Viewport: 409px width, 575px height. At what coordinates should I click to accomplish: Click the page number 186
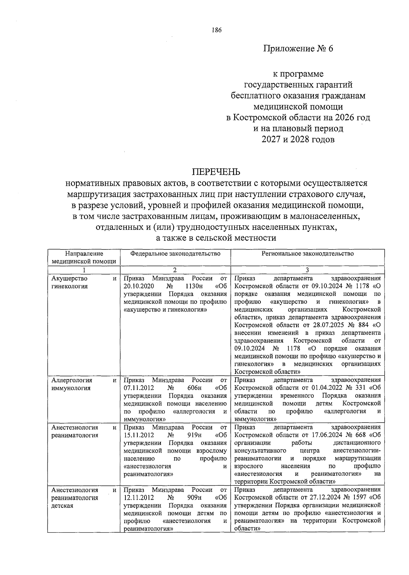pyautogui.click(x=216, y=30)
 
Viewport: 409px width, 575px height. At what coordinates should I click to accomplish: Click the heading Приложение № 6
pyautogui.click(x=298, y=48)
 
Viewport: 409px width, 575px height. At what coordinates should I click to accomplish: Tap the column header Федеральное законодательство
pyautogui.click(x=175, y=254)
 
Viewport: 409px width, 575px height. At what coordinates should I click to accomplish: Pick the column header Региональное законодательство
pyautogui.click(x=307, y=254)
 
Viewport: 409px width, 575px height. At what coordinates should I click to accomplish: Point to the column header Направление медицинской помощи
pyautogui.click(x=84, y=257)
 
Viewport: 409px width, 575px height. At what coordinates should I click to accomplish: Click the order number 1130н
pyautogui.click(x=194, y=286)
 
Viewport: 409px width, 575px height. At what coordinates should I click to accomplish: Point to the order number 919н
pyautogui.click(x=195, y=435)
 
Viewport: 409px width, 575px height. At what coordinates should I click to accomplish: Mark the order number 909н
pyautogui.click(x=195, y=498)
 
